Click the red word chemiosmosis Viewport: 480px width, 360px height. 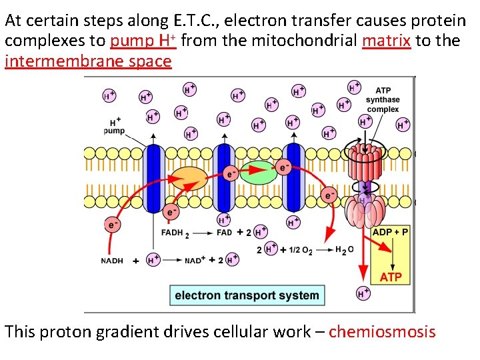pos(382,331)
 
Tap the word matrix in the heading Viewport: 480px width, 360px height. pos(386,41)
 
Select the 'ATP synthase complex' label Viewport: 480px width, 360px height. pos(383,100)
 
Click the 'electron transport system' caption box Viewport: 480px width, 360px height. pos(247,295)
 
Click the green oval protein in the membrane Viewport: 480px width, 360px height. pos(257,172)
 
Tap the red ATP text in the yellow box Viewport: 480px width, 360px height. pos(391,276)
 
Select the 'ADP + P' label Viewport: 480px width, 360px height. pos(391,232)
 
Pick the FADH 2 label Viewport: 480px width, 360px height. pos(175,233)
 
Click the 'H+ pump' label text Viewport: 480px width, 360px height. pos(114,127)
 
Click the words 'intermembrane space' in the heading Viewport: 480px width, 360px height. pos(88,62)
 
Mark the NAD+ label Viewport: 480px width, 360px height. pos(199,261)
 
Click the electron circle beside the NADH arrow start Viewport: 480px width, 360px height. pos(111,224)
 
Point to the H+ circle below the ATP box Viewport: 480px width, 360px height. pos(363,292)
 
